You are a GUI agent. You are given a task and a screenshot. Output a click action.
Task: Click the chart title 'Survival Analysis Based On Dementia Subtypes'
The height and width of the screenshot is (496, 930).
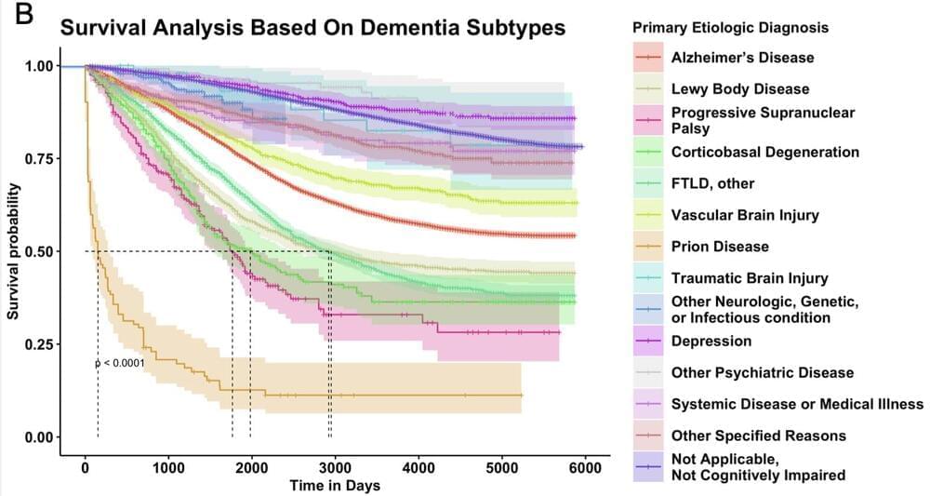pyautogui.click(x=312, y=29)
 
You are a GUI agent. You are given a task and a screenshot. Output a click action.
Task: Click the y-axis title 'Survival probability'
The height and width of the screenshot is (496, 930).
pyautogui.click(x=14, y=250)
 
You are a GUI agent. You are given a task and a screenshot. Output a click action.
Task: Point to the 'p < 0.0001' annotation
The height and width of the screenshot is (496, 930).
pyautogui.click(x=120, y=363)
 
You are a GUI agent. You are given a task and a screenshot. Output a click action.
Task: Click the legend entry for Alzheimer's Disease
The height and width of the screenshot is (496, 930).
pyautogui.click(x=742, y=58)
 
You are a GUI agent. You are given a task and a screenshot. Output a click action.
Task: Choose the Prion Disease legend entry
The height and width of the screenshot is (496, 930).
pyautogui.click(x=720, y=247)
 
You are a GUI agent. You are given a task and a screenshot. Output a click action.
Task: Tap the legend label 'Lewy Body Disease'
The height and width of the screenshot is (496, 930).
pyautogui.click(x=740, y=89)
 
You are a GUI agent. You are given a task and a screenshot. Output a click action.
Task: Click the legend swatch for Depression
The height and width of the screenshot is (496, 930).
pyautogui.click(x=648, y=342)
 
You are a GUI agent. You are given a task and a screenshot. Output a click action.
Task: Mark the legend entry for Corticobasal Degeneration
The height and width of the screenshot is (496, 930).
pyautogui.click(x=764, y=152)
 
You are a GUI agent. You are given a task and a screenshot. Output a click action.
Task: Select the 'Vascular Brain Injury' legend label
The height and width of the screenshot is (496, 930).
pyautogui.click(x=745, y=215)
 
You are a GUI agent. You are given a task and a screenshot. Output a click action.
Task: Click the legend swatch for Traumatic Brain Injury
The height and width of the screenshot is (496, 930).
pyautogui.click(x=648, y=278)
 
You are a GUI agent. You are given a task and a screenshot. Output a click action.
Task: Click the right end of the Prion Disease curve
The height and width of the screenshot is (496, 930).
pyautogui.click(x=522, y=395)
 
